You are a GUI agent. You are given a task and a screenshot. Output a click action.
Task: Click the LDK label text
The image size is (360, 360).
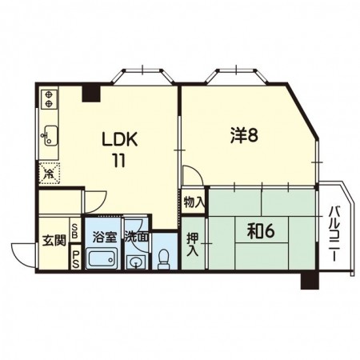coord(120,139)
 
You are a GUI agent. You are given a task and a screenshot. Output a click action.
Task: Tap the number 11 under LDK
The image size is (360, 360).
coord(119,161)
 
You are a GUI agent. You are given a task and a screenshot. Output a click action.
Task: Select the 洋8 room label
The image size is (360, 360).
coord(244,135)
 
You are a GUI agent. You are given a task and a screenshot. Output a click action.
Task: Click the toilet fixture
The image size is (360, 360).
coord(163,259)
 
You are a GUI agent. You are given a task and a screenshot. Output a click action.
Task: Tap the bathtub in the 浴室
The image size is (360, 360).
coord(102,258)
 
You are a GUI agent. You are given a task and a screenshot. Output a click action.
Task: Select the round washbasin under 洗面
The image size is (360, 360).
coord(136,262)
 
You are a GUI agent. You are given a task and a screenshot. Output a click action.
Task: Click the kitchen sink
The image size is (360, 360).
coord(50,135)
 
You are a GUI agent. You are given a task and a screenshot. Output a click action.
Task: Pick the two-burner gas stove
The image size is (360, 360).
coord(49,98)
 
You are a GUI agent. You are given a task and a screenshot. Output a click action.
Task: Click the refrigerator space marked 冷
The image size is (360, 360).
coord(50,174)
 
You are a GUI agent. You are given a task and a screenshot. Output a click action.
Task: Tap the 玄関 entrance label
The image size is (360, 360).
coord(54,241)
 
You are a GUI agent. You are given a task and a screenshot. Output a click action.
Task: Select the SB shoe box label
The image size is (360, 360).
coord(75,231)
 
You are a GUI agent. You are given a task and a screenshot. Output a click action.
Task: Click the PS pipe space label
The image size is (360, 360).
coord(75,260)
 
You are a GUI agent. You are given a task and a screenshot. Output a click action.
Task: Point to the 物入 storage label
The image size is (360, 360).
coord(194,203)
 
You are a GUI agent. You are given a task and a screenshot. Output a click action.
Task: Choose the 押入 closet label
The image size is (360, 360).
coord(193,245)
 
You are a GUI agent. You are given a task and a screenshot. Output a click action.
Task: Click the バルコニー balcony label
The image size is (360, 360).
coord(334,234)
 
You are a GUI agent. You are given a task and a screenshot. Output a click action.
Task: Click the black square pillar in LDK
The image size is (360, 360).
coord(91,94)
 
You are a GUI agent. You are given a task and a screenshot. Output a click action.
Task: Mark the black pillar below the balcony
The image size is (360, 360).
coord(310,281)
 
